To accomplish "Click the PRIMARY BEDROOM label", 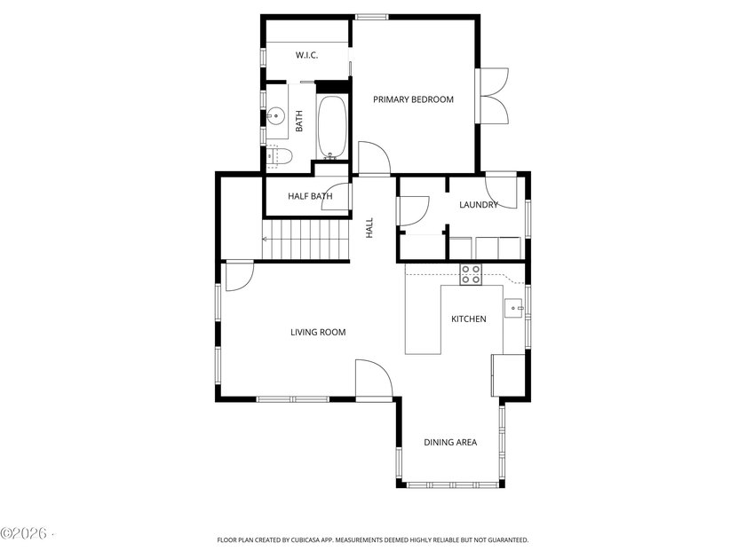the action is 413,99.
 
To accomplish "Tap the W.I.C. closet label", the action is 306,55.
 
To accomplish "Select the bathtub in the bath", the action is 331,128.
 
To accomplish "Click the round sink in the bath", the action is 275,115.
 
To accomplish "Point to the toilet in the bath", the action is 279,156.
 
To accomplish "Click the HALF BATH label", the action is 310,196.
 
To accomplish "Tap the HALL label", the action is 369,228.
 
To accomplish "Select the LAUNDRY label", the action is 478,204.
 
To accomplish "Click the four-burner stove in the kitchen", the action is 471,275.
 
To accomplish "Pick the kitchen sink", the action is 513,308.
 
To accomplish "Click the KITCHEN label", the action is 469,319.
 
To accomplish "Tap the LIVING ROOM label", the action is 318,332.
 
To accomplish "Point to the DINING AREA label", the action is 450,443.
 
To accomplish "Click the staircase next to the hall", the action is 306,239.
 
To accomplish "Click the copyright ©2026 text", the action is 24,533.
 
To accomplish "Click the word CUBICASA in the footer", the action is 308,540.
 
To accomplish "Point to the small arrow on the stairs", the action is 265,239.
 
